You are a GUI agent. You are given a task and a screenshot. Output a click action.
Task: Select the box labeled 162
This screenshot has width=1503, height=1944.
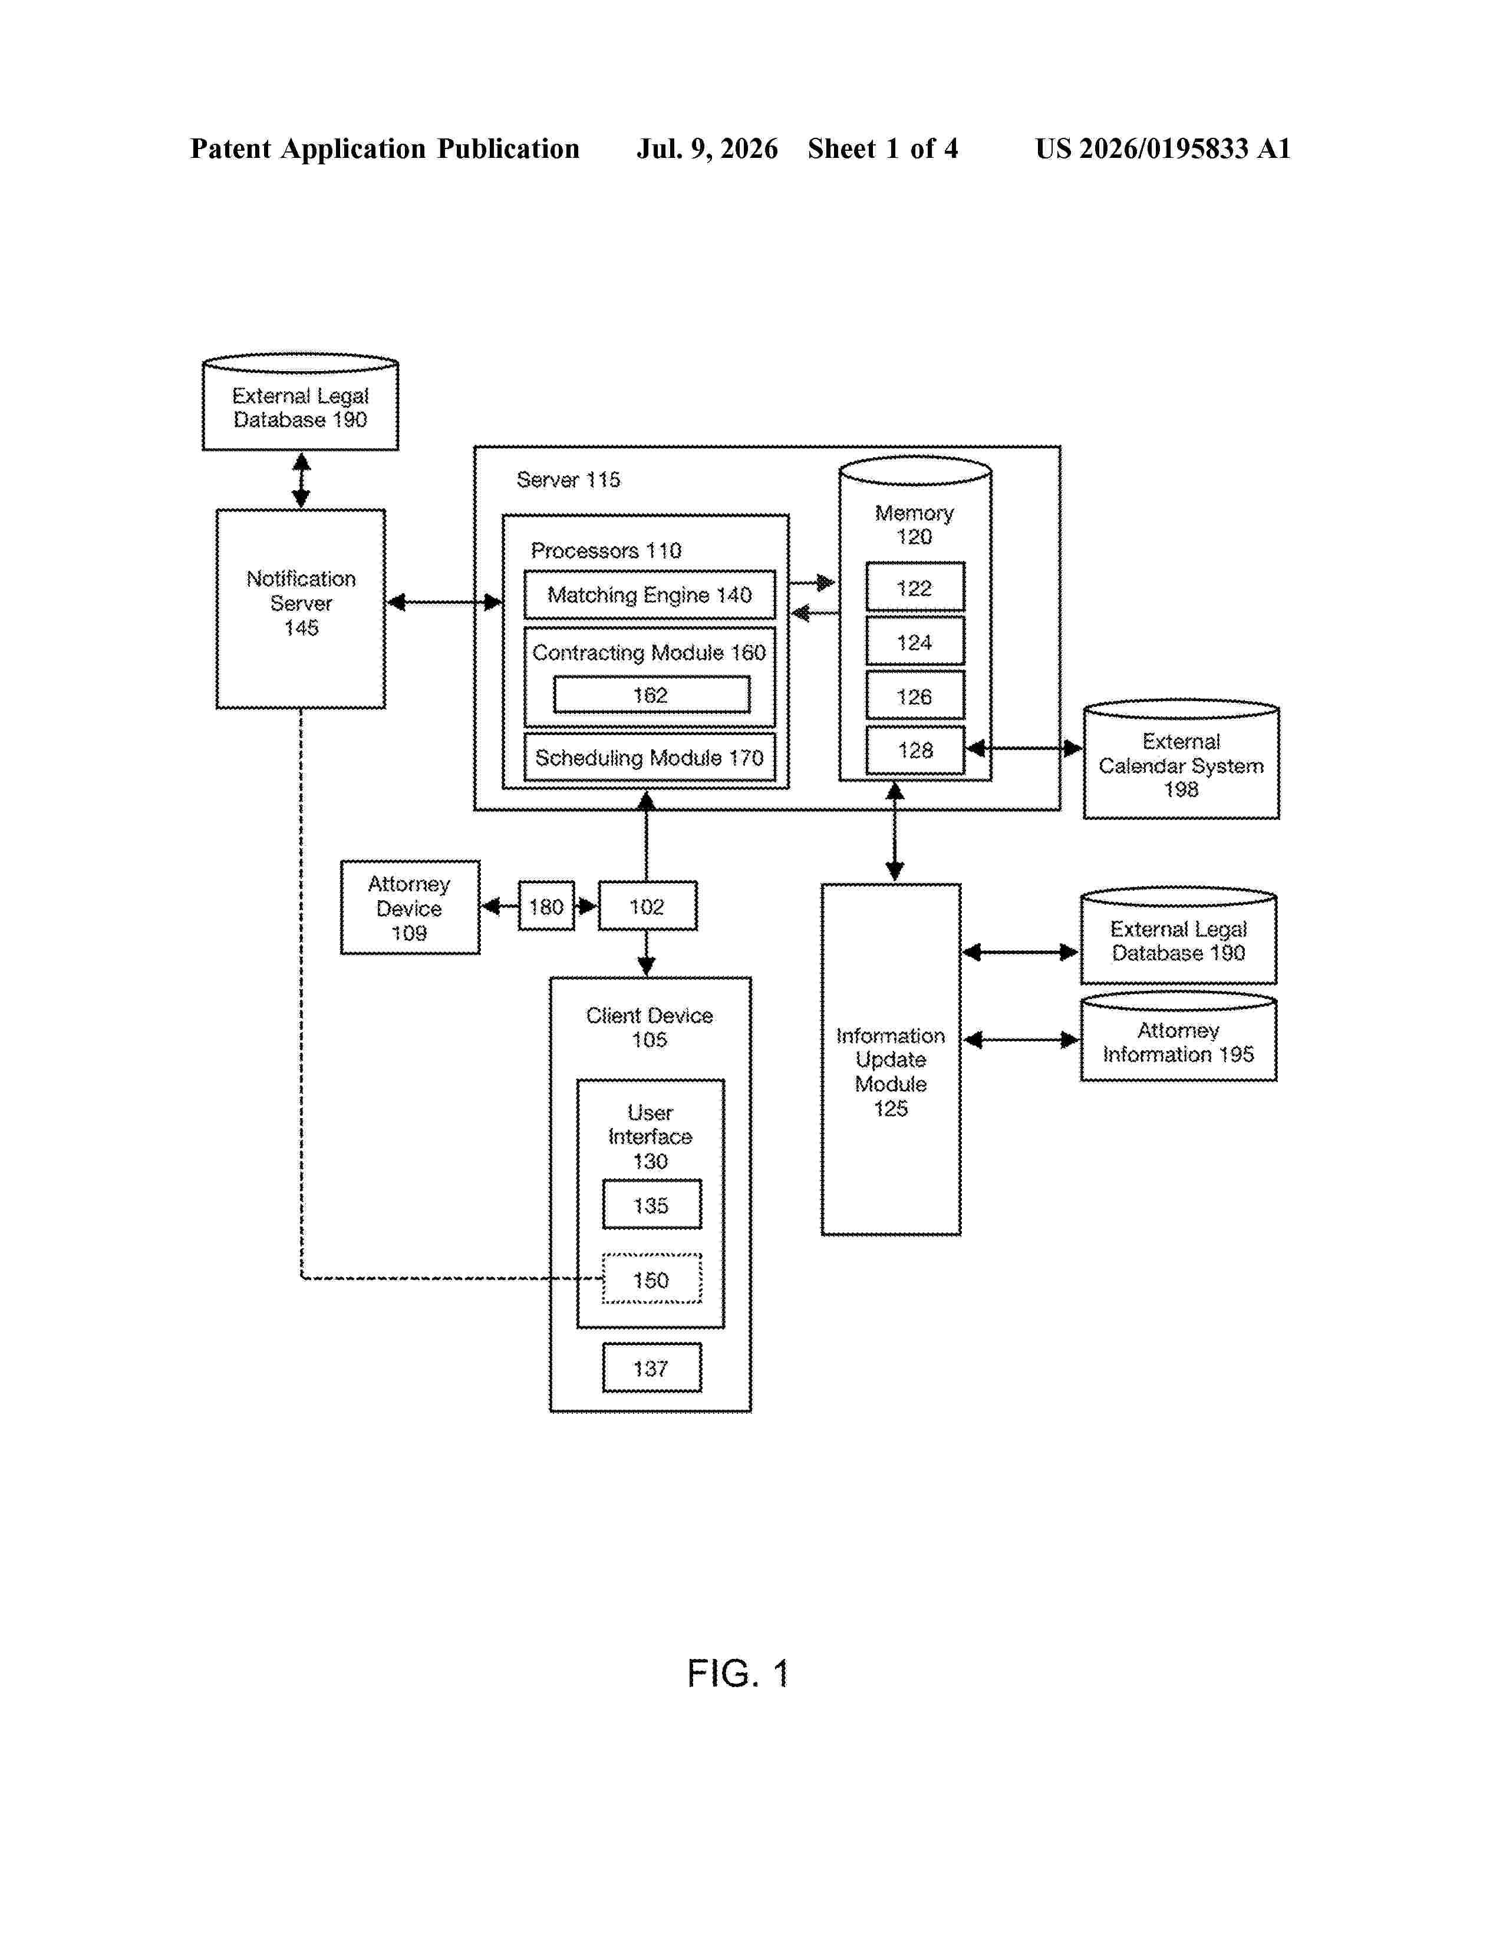(651, 695)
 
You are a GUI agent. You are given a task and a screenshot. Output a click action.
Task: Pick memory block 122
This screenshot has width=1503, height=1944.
(914, 587)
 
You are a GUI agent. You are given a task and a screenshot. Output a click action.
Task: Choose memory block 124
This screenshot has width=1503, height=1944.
(914, 642)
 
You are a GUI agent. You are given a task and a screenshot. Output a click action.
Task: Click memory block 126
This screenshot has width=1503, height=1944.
(914, 696)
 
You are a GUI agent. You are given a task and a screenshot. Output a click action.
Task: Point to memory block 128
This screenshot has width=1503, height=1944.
(914, 751)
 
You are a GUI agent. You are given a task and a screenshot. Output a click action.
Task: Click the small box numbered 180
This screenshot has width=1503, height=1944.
(546, 906)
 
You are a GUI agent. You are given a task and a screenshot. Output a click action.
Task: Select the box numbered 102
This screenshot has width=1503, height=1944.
(647, 906)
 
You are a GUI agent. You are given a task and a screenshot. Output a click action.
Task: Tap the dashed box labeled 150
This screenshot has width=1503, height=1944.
(651, 1279)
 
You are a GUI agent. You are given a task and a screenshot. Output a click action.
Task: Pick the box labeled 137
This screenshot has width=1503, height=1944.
(651, 1367)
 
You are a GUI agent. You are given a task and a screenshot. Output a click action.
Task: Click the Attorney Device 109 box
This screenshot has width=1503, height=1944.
(410, 907)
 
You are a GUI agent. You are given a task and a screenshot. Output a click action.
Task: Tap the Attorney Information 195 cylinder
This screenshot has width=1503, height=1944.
(1178, 1037)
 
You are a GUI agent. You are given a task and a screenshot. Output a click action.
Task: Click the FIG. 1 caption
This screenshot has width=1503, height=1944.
(738, 1674)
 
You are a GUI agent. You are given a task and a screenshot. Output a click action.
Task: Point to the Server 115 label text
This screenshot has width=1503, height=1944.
(568, 480)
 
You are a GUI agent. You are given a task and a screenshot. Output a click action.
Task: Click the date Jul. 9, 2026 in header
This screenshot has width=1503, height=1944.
(707, 148)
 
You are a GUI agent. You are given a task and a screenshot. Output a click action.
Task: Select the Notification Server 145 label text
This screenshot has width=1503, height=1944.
(301, 603)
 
